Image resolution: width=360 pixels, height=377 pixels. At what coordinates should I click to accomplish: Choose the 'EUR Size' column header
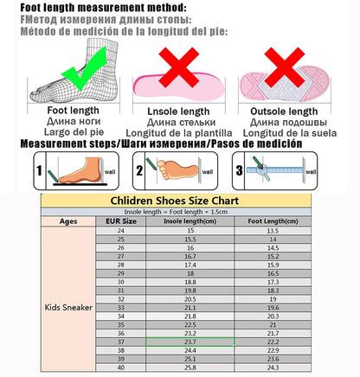pos(121,220)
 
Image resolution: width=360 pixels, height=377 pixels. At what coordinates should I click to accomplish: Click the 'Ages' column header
pos(68,220)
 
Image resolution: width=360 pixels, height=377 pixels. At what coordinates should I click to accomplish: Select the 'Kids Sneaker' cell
pos(68,306)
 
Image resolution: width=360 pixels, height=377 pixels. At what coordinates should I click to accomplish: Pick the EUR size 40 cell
pos(121,367)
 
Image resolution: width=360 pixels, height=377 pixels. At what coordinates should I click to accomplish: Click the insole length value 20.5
pos(190,298)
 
